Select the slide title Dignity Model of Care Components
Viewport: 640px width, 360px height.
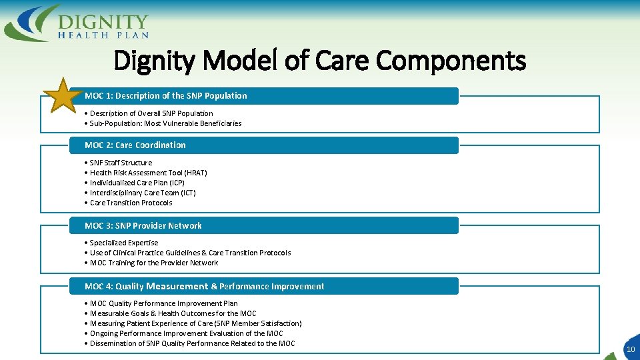point(320,61)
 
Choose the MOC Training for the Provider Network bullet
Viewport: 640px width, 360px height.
point(153,263)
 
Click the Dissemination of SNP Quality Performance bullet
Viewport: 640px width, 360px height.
point(192,343)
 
